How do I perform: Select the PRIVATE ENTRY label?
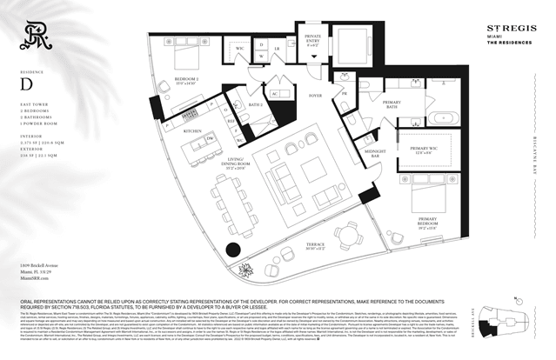tap(312, 38)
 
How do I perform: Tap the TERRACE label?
tap(316, 246)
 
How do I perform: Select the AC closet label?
tap(273, 93)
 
